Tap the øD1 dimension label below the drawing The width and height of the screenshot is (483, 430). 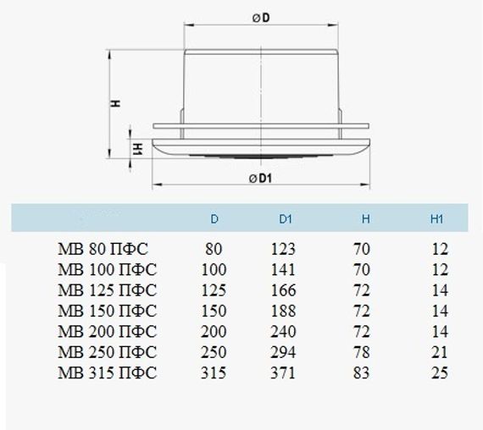coord(260,178)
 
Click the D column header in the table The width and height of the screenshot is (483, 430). coord(214,219)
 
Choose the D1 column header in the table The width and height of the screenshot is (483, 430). coord(285,219)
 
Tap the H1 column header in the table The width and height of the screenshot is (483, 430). coord(437,219)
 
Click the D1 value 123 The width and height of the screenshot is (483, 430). coord(284,249)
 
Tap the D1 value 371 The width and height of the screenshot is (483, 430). coord(284,372)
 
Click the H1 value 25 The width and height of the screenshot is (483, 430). coord(439,372)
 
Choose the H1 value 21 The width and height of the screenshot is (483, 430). coord(439,352)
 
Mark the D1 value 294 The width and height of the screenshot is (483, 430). coord(284,352)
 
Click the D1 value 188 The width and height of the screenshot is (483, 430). coord(284,311)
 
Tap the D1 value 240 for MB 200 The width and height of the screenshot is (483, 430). coord(284,331)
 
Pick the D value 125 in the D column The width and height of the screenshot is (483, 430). coord(215,290)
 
